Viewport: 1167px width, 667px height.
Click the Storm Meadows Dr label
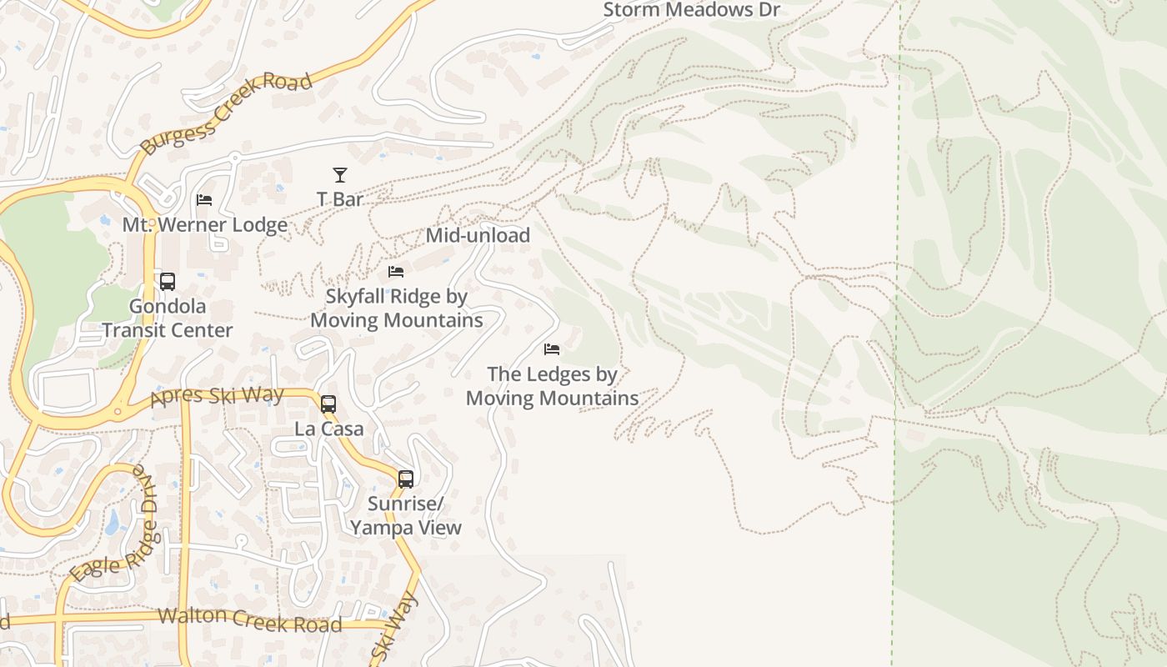[x=691, y=10]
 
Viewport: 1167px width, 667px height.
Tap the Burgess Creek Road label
[x=226, y=113]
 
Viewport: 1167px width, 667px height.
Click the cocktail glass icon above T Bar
[x=340, y=175]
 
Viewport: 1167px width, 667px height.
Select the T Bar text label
[x=340, y=199]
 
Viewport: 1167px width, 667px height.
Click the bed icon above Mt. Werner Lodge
[x=204, y=200]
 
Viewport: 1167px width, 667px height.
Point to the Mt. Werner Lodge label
[x=205, y=225]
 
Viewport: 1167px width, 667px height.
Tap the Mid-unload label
[x=478, y=235]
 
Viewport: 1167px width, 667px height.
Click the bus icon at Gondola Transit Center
[x=168, y=282]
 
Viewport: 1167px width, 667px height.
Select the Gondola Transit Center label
[x=168, y=318]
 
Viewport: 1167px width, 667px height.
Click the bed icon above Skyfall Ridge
[x=396, y=272]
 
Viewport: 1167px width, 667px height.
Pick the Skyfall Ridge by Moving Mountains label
[x=397, y=308]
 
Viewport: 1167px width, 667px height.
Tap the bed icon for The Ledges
[x=552, y=349]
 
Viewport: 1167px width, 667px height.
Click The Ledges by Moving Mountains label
[x=552, y=386]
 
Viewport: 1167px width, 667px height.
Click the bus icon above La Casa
[x=328, y=404]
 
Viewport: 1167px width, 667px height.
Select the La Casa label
[x=329, y=429]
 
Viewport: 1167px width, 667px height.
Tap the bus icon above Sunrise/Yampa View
[x=406, y=479]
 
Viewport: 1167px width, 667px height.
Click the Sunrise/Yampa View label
[x=406, y=516]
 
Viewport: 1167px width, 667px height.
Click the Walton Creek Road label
[x=249, y=619]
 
